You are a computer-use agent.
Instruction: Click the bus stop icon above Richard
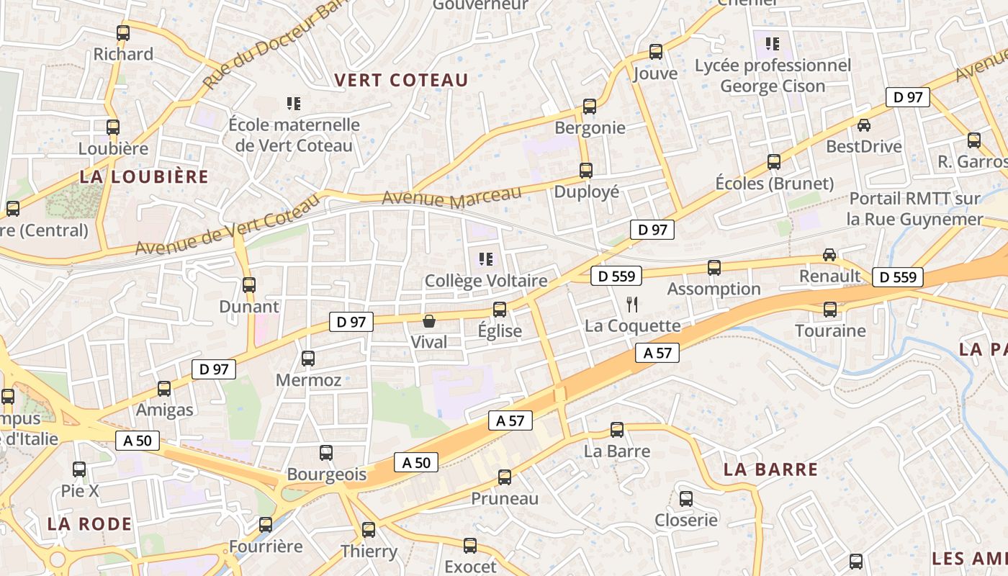point(123,32)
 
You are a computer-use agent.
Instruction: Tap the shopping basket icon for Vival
point(429,320)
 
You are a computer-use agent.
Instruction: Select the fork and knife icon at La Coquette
point(632,305)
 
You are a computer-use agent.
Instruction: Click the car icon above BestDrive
point(863,125)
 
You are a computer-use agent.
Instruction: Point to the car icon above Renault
point(829,254)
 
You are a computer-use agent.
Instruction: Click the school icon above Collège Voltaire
point(486,258)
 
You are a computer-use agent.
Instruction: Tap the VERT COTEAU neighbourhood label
point(402,80)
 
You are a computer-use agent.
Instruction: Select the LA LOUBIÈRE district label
point(144,176)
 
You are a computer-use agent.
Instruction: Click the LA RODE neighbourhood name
point(90,523)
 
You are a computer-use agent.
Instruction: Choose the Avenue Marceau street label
point(451,197)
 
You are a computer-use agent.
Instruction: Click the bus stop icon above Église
point(500,310)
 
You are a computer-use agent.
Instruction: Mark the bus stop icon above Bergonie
point(590,107)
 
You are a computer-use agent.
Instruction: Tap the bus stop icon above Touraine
point(830,310)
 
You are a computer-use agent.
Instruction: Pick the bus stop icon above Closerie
point(686,499)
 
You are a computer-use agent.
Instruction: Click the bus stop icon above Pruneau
point(505,477)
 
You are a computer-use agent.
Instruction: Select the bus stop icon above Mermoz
point(308,358)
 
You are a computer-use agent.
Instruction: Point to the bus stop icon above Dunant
point(249,284)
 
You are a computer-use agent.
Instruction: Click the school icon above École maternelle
point(293,104)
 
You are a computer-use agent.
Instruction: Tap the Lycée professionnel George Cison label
point(773,76)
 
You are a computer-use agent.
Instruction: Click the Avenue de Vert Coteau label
point(227,224)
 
